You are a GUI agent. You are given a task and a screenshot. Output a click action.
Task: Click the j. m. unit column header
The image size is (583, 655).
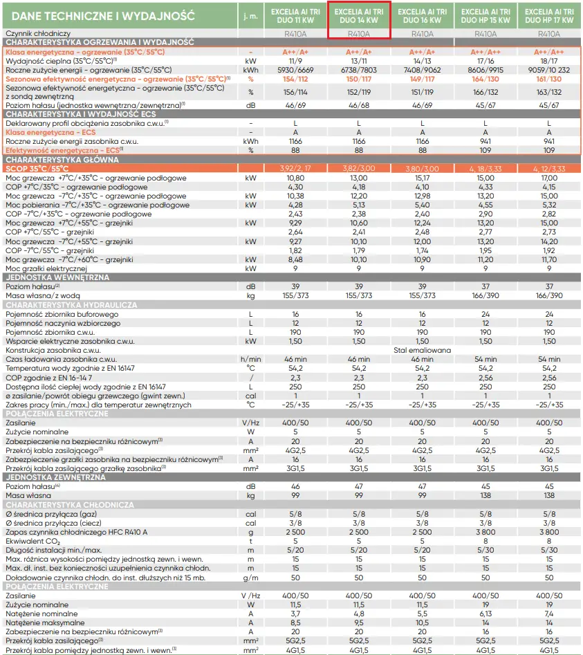(x=250, y=16)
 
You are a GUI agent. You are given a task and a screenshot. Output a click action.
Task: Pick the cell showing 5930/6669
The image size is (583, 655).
(x=295, y=71)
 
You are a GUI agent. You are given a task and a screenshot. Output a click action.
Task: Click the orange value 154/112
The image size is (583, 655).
(x=295, y=79)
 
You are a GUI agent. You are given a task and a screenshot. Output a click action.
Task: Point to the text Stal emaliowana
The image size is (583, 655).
(x=422, y=350)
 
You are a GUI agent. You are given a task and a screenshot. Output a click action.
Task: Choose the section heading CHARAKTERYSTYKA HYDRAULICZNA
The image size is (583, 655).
(x=71, y=304)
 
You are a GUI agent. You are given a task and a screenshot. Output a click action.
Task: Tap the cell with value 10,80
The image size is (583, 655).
(x=295, y=178)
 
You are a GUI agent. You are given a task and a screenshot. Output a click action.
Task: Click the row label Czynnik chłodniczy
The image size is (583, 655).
(x=39, y=33)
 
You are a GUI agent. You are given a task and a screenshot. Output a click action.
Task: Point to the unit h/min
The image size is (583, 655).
(x=250, y=359)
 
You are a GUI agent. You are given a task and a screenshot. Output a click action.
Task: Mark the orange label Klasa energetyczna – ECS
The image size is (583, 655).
(x=50, y=131)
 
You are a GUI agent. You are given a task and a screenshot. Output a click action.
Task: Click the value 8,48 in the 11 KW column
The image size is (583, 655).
(x=295, y=259)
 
